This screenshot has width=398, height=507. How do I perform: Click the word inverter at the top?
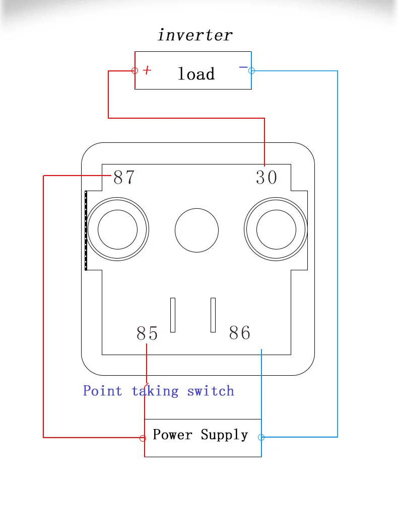tap(195, 35)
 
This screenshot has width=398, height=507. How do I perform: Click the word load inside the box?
tap(196, 73)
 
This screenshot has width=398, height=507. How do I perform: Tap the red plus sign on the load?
tap(147, 70)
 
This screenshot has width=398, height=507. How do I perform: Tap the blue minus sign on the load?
tap(243, 67)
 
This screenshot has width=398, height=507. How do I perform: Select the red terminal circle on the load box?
tap(135, 70)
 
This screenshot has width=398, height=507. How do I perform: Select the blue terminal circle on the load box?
tap(251, 70)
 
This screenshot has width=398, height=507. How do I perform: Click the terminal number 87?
tap(124, 177)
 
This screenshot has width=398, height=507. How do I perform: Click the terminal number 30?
tap(266, 177)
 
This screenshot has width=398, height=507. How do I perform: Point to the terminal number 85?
tap(147, 333)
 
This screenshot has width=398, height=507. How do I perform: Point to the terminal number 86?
tap(240, 333)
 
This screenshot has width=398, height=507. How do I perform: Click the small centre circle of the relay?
tap(196, 230)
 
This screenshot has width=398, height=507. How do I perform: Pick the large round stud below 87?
tap(117, 229)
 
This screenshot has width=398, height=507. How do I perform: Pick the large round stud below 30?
tap(276, 229)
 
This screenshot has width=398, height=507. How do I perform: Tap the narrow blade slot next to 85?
tap(173, 315)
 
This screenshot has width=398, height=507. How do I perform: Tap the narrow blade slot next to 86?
tap(213, 315)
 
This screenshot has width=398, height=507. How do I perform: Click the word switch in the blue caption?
tap(211, 391)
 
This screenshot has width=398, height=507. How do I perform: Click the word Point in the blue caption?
tap(102, 391)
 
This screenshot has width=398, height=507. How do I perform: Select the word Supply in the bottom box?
tap(224, 435)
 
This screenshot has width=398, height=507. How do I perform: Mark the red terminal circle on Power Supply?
tap(143, 438)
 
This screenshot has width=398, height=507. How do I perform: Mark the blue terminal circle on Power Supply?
tap(261, 438)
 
